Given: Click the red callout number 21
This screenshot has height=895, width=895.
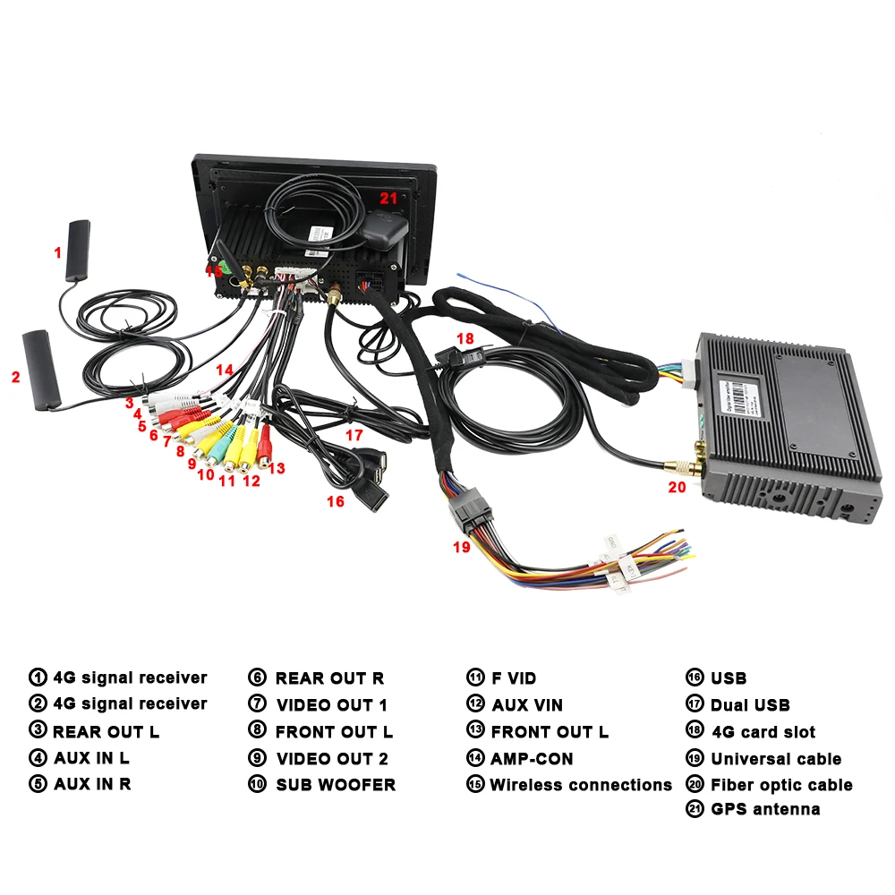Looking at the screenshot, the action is tap(388, 198).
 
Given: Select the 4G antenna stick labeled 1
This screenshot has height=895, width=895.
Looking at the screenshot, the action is tap(78, 251).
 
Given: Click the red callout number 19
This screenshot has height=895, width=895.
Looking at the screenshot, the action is tap(462, 547).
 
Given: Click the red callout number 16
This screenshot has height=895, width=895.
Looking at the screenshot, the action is tap(336, 501).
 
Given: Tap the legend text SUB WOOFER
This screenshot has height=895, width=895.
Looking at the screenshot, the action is tap(335, 785).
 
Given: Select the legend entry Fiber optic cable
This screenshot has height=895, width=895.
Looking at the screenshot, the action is tap(780, 785).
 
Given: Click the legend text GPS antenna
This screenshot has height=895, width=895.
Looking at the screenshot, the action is tap(765, 809).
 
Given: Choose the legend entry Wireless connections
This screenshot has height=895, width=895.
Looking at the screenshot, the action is tap(580, 785).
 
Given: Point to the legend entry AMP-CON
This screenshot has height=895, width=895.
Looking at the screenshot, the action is tap(532, 758).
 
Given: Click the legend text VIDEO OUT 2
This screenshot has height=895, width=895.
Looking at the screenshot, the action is tap(331, 758).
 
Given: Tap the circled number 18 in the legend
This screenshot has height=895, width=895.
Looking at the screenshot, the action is tap(695, 731).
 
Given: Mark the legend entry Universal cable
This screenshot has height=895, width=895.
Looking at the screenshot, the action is tap(775, 758).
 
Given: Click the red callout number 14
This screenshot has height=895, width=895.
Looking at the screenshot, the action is tap(224, 369).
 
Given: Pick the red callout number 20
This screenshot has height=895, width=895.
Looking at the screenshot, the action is tap(678, 488).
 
